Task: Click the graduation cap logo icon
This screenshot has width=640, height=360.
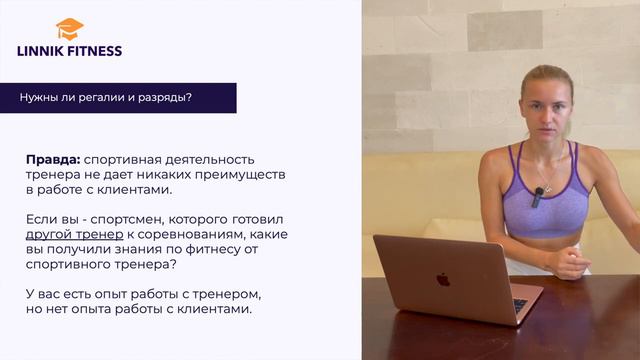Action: coord(70,28)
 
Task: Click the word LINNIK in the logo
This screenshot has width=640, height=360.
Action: coord(47,50)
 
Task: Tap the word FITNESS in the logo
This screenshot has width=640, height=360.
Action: coord(99,50)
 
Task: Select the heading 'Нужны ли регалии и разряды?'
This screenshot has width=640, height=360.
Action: coord(106,97)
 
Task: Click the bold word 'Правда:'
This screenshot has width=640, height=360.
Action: coord(53,159)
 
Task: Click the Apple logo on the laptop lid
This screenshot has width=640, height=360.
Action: coord(442,279)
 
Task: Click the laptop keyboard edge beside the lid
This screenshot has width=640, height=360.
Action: coord(521,305)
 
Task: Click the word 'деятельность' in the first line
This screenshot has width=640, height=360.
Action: coord(211,159)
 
